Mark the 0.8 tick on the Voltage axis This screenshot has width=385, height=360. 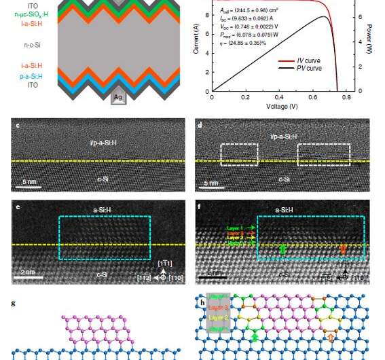(x=346, y=98)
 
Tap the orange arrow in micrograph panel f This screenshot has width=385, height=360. (x=342, y=249)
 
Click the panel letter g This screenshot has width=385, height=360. (x=13, y=304)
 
